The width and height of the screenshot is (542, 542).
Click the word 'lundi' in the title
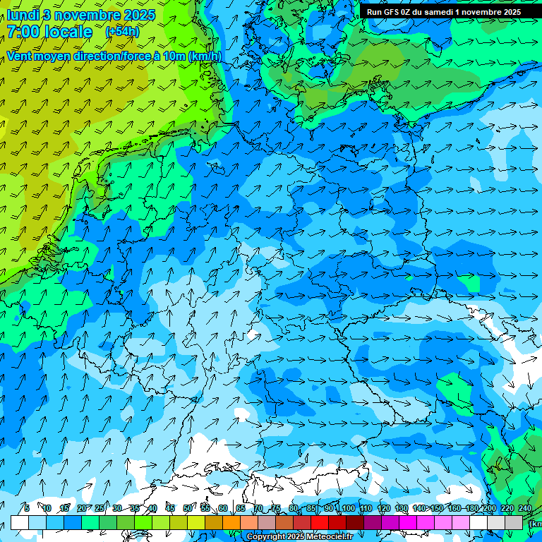coord(23,15)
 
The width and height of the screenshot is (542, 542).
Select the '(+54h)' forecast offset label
coord(122,32)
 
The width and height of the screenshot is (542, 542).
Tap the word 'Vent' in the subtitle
coord(19,56)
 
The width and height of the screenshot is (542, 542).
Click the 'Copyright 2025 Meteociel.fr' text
coord(299,537)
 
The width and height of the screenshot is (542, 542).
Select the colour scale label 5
coord(27,508)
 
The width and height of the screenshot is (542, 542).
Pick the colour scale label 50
coord(187,508)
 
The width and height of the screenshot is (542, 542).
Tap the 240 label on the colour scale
coord(525,508)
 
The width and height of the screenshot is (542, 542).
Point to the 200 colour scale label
coord(489,508)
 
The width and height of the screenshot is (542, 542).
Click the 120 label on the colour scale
coord(384,508)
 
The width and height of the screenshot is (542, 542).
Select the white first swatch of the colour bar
coord(20,522)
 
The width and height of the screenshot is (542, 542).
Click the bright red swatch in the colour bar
coord(320,522)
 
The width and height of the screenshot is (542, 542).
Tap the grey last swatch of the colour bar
coord(514,522)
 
